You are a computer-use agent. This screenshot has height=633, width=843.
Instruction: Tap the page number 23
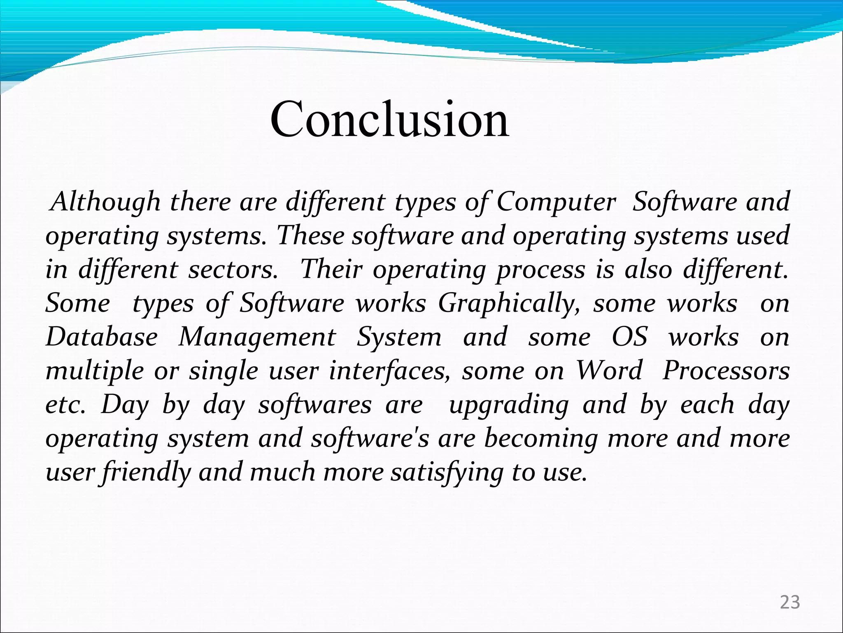point(790,603)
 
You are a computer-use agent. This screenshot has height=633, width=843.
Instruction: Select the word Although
point(105,202)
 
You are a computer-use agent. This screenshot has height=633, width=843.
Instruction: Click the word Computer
point(556,202)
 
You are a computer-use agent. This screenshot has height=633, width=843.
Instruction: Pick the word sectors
point(233,270)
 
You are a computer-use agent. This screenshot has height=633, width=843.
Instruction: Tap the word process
point(540,270)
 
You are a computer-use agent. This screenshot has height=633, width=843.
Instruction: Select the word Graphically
point(509,304)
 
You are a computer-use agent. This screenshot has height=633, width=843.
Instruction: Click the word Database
point(102,337)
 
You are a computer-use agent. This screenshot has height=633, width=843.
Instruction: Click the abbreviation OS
point(629,337)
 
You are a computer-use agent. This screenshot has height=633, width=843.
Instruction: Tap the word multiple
point(95,371)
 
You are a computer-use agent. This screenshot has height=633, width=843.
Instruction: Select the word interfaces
point(390,371)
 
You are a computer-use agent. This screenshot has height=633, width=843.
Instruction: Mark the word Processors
point(726,371)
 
